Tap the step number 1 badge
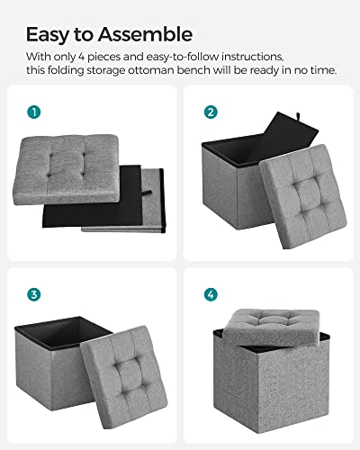33,112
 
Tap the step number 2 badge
210,112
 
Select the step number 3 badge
33,293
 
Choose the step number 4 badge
210,293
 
